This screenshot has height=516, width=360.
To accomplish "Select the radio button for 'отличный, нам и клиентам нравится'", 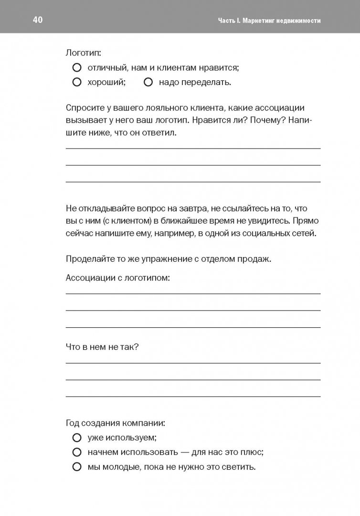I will [76, 68].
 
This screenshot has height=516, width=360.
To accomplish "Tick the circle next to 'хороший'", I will [76, 82].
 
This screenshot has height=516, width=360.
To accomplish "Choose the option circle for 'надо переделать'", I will [148, 82].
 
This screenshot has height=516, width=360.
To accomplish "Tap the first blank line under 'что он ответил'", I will [193, 148].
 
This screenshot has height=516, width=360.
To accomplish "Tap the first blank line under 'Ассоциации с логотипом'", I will [193, 293].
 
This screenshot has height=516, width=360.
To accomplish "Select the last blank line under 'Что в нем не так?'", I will [193, 396].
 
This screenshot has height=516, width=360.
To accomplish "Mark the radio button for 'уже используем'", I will [76, 437].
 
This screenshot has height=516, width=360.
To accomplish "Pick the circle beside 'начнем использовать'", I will [76, 452].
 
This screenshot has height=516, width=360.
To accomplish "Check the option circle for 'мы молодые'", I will [76, 467].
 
